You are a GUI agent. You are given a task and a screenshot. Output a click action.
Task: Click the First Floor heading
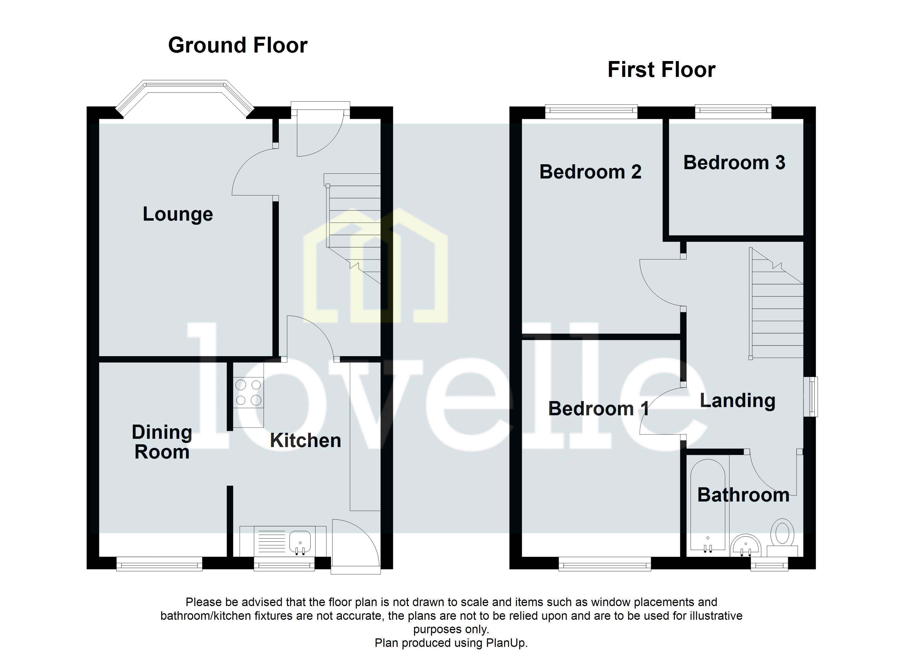click(x=661, y=70)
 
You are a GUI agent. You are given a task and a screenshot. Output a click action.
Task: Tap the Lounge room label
click(x=178, y=214)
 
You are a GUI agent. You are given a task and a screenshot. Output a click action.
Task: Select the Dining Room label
click(x=162, y=442)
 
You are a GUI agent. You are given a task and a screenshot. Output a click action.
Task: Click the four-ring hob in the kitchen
click(x=248, y=393)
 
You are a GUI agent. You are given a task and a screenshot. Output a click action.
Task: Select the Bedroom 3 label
click(x=734, y=163)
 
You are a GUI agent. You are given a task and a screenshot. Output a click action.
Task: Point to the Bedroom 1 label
click(x=598, y=409)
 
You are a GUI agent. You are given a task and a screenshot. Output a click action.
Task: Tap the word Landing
click(x=737, y=401)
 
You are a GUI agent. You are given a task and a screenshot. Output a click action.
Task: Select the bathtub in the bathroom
click(x=708, y=506)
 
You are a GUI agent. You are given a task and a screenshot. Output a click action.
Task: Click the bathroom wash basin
click(x=746, y=546)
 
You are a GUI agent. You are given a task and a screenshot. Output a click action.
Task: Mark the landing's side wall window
click(x=811, y=397)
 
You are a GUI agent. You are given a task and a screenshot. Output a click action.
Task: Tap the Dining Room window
click(x=159, y=564)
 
